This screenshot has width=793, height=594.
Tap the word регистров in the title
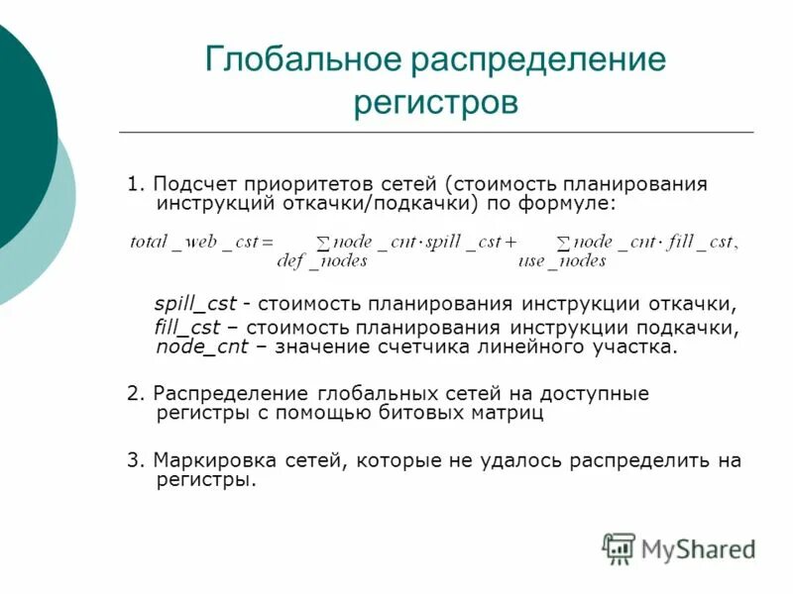point(436,102)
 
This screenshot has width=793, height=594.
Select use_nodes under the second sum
point(562,260)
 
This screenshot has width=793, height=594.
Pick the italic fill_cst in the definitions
point(186,327)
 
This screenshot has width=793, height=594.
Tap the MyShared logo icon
point(619,547)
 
